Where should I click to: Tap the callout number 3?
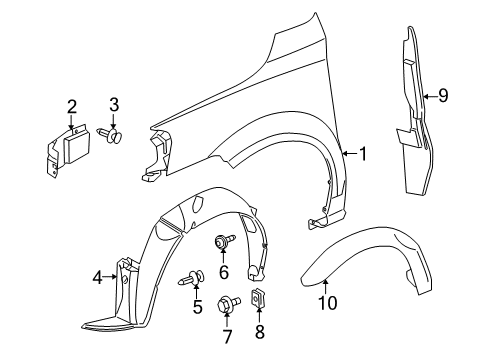pyautogui.click(x=113, y=104)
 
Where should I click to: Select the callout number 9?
pyautogui.click(x=443, y=96)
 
